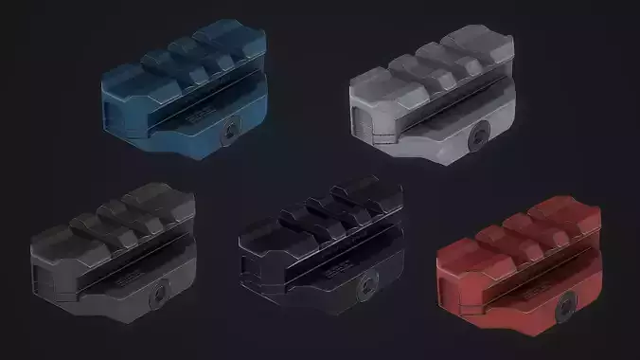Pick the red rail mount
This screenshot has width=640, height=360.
[522, 261]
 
